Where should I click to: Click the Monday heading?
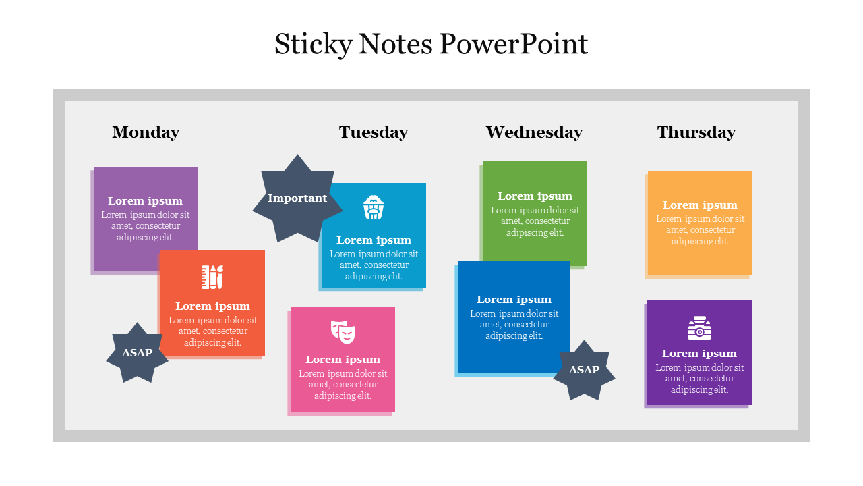(146, 132)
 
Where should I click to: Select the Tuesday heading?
(374, 132)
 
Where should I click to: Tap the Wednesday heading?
(534, 132)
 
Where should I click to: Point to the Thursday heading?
(696, 132)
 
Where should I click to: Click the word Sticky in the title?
(314, 45)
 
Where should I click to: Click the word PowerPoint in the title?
(514, 44)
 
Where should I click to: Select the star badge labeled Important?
(297, 198)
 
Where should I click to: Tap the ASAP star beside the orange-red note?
(137, 352)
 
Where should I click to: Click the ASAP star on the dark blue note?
(584, 369)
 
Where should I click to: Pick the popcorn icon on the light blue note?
(374, 207)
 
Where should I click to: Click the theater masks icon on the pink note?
(343, 331)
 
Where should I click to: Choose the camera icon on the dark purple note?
(699, 328)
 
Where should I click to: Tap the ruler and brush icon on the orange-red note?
(212, 277)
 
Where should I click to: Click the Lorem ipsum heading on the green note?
(535, 196)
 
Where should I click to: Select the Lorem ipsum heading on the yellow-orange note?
(700, 205)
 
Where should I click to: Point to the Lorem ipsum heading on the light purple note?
(145, 201)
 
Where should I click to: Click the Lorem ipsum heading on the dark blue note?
(514, 300)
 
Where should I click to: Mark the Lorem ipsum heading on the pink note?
(343, 360)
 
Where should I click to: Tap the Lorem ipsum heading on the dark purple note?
(699, 354)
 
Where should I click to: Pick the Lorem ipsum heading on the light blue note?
(374, 240)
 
